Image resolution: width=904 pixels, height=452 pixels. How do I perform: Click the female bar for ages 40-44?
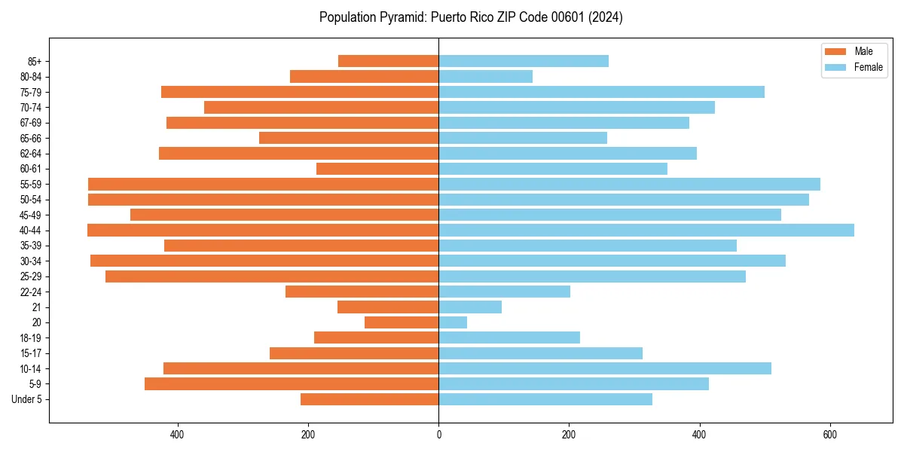pos(646,230)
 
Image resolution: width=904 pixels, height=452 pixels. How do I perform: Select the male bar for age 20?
pos(402,322)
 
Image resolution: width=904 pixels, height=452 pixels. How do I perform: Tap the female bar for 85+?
pos(524,61)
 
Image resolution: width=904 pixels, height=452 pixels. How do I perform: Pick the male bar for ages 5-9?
pos(292,383)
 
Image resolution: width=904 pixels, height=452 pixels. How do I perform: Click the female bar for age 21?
pos(470,307)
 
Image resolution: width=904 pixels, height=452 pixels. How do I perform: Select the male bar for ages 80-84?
pos(364,76)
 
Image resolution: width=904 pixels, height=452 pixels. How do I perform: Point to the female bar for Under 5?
pos(545,399)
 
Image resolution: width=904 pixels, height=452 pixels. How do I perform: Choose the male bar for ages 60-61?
pos(377,169)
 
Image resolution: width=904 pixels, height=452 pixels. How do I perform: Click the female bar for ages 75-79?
pos(601,92)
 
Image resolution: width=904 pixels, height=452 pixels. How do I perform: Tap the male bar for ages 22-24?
pos(362,292)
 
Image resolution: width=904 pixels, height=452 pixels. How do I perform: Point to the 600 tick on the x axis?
pos(829,435)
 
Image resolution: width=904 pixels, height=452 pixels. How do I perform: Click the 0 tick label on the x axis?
pos(438,435)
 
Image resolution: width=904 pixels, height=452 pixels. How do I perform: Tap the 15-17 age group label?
pos(31,353)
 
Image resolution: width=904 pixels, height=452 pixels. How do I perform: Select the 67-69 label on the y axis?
pos(31,123)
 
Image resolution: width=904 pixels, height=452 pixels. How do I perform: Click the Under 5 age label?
pos(26,399)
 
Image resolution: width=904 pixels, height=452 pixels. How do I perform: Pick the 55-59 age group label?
pos(31,184)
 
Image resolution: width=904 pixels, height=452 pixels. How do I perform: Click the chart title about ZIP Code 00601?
pos(471,17)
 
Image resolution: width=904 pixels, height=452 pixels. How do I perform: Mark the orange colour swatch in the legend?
pos(835,51)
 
